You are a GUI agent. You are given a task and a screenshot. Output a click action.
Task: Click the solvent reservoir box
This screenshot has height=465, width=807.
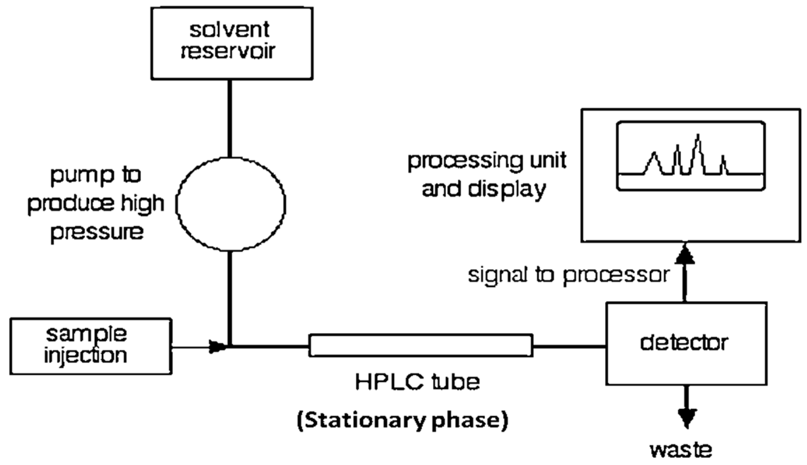pos(232,43)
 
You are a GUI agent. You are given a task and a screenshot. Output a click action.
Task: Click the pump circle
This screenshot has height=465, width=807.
pos(231,204)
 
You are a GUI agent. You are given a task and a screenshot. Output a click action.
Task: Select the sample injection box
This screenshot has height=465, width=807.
pos(91,346)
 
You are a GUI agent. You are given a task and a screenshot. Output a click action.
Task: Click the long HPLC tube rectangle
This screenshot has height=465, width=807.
pos(421,345)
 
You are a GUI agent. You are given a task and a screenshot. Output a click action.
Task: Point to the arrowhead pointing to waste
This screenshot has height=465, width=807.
pos(687,418)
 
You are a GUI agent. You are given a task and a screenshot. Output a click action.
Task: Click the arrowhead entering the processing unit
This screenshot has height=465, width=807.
pos(685,256)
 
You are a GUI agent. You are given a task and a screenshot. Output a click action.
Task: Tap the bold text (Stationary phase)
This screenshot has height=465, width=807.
pos(402,420)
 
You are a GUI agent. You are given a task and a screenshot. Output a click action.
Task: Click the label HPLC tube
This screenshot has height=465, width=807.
pos(417,382)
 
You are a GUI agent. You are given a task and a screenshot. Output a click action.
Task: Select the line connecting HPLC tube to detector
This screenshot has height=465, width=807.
pos(569,346)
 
